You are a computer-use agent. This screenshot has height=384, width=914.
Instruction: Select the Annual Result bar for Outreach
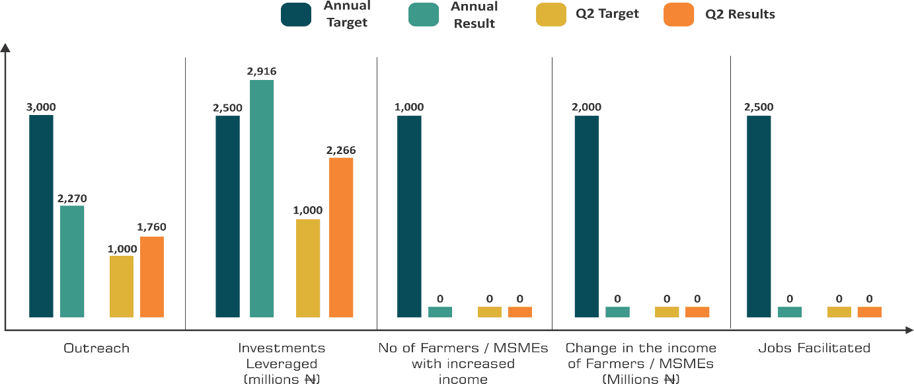[72, 261]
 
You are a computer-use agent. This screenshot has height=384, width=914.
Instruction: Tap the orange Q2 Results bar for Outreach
[152, 277]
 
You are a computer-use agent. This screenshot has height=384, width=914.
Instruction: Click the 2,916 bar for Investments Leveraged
[262, 198]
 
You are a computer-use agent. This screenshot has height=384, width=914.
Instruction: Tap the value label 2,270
[72, 198]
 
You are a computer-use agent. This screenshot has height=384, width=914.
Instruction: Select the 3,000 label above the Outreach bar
[41, 107]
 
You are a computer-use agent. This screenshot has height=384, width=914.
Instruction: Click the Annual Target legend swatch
[296, 15]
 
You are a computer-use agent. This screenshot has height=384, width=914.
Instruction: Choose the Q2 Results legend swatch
[679, 15]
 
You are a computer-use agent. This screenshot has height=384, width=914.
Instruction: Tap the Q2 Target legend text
[606, 14]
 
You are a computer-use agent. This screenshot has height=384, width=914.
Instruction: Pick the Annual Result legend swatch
[422, 15]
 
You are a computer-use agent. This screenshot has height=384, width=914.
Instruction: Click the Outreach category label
[96, 348]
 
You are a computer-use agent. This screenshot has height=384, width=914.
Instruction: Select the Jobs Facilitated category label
[814, 348]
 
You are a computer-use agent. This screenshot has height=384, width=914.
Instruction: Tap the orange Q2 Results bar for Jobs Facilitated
[870, 311]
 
